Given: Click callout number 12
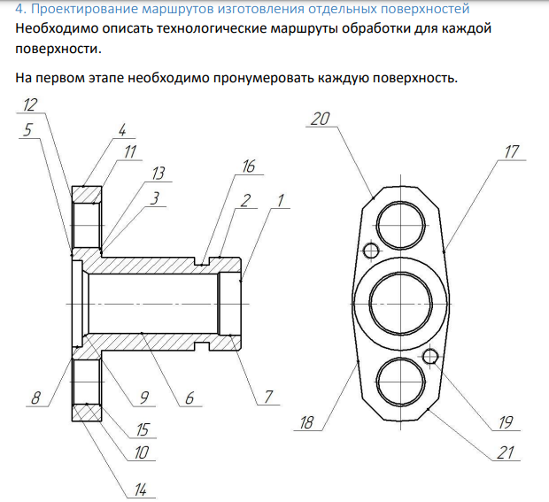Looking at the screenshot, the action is click(x=30, y=104).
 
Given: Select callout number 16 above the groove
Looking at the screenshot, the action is click(x=249, y=166).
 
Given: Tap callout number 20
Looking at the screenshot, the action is click(x=320, y=119).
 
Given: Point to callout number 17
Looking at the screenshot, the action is click(x=512, y=152).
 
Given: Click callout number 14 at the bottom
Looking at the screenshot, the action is click(x=141, y=490).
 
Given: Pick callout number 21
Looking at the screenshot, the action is click(x=506, y=452).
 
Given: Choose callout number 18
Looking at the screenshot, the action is click(x=306, y=422).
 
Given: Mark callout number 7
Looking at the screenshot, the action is click(x=268, y=397).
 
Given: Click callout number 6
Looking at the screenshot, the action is click(x=189, y=398).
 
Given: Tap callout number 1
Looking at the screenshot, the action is click(x=280, y=201).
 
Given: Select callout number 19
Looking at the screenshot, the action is click(x=506, y=422).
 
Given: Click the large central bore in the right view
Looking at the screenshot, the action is click(x=400, y=303).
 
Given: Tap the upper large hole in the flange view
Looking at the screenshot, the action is click(x=400, y=225).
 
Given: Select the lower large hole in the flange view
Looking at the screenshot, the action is click(x=400, y=382).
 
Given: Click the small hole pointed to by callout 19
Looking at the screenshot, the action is click(x=430, y=357).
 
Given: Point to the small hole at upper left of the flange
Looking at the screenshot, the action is click(x=371, y=251).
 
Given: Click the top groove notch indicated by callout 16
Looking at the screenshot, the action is click(x=202, y=261).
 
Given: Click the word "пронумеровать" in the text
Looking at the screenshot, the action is click(x=263, y=78).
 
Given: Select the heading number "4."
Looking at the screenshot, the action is click(x=20, y=9).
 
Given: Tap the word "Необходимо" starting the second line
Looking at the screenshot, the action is click(x=57, y=28).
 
